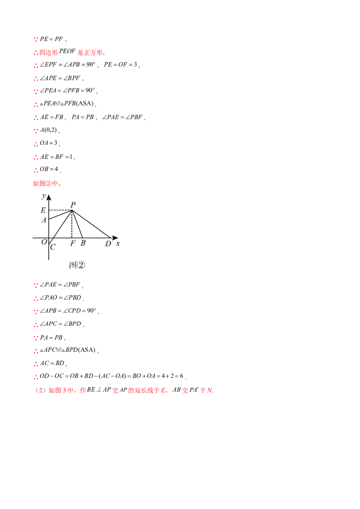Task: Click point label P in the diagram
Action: pyautogui.click(x=73, y=205)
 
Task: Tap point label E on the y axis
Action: pyautogui.click(x=43, y=210)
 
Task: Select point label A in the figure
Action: pyautogui.click(x=44, y=220)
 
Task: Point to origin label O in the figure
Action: pyautogui.click(x=44, y=242)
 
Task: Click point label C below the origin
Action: pyautogui.click(x=53, y=247)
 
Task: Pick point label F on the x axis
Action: pyautogui.click(x=73, y=243)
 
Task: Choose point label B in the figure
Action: pyautogui.click(x=83, y=243)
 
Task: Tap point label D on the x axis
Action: pyautogui.click(x=108, y=243)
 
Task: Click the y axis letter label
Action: pyautogui.click(x=44, y=196)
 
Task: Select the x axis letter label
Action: pyautogui.click(x=117, y=243)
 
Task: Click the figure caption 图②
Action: pyautogui.click(x=77, y=265)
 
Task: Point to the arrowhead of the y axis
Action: pyautogui.click(x=49, y=196)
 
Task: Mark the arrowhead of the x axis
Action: pyautogui.click(x=115, y=238)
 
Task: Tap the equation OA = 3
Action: pyautogui.click(x=49, y=143)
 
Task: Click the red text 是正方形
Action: pyautogui.click(x=90, y=53)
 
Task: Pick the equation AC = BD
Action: pyautogui.click(x=52, y=363)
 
